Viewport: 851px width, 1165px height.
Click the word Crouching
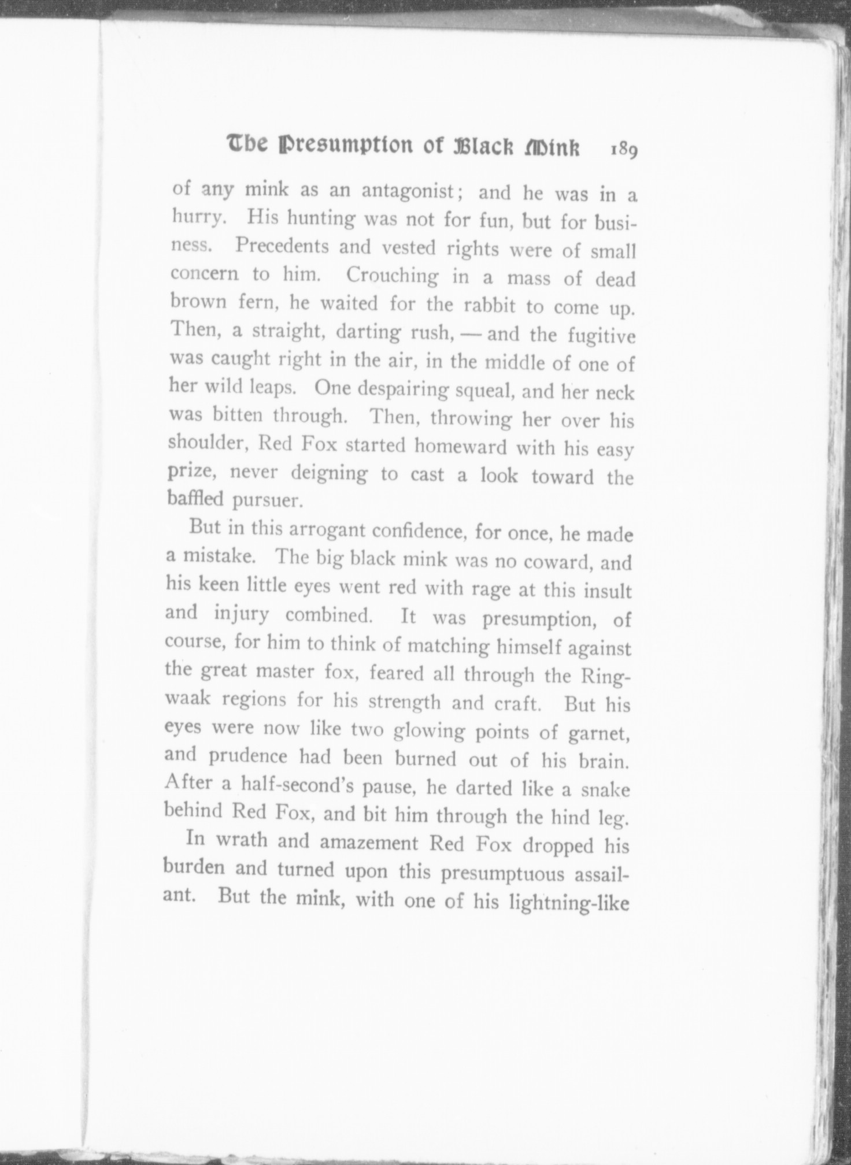coord(392,276)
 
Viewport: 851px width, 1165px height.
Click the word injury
coord(242,614)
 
